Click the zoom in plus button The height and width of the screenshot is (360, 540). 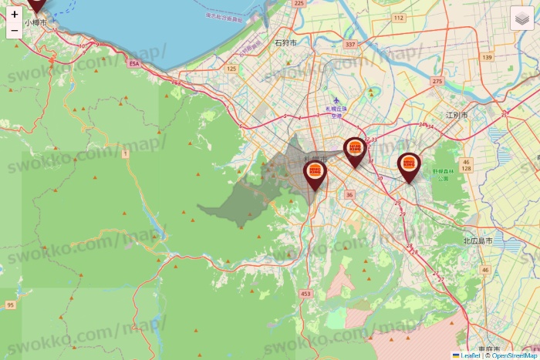coord(15,14)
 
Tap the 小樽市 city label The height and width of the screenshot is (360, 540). coord(35,23)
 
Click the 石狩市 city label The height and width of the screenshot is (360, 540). coord(285,43)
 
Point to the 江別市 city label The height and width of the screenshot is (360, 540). coord(457,115)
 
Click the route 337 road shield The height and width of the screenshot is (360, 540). coord(351,45)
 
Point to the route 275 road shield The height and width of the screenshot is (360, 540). coord(438,81)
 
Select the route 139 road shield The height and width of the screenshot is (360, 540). coord(487,58)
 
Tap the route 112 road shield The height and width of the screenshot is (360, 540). coord(398,18)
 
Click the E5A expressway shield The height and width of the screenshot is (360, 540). coord(135,64)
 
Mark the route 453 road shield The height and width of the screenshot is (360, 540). coord(306,294)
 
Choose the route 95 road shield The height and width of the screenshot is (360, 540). coord(10,305)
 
